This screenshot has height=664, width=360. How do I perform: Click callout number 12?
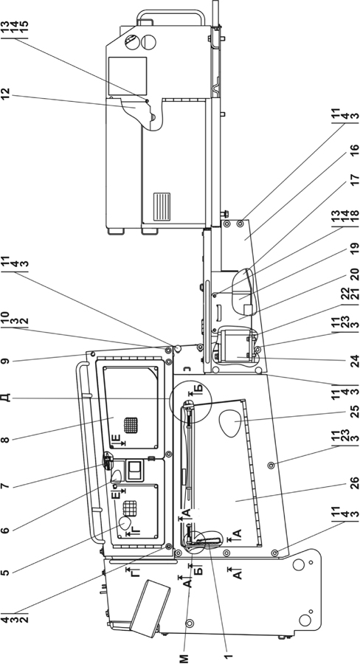coord(11,94)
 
